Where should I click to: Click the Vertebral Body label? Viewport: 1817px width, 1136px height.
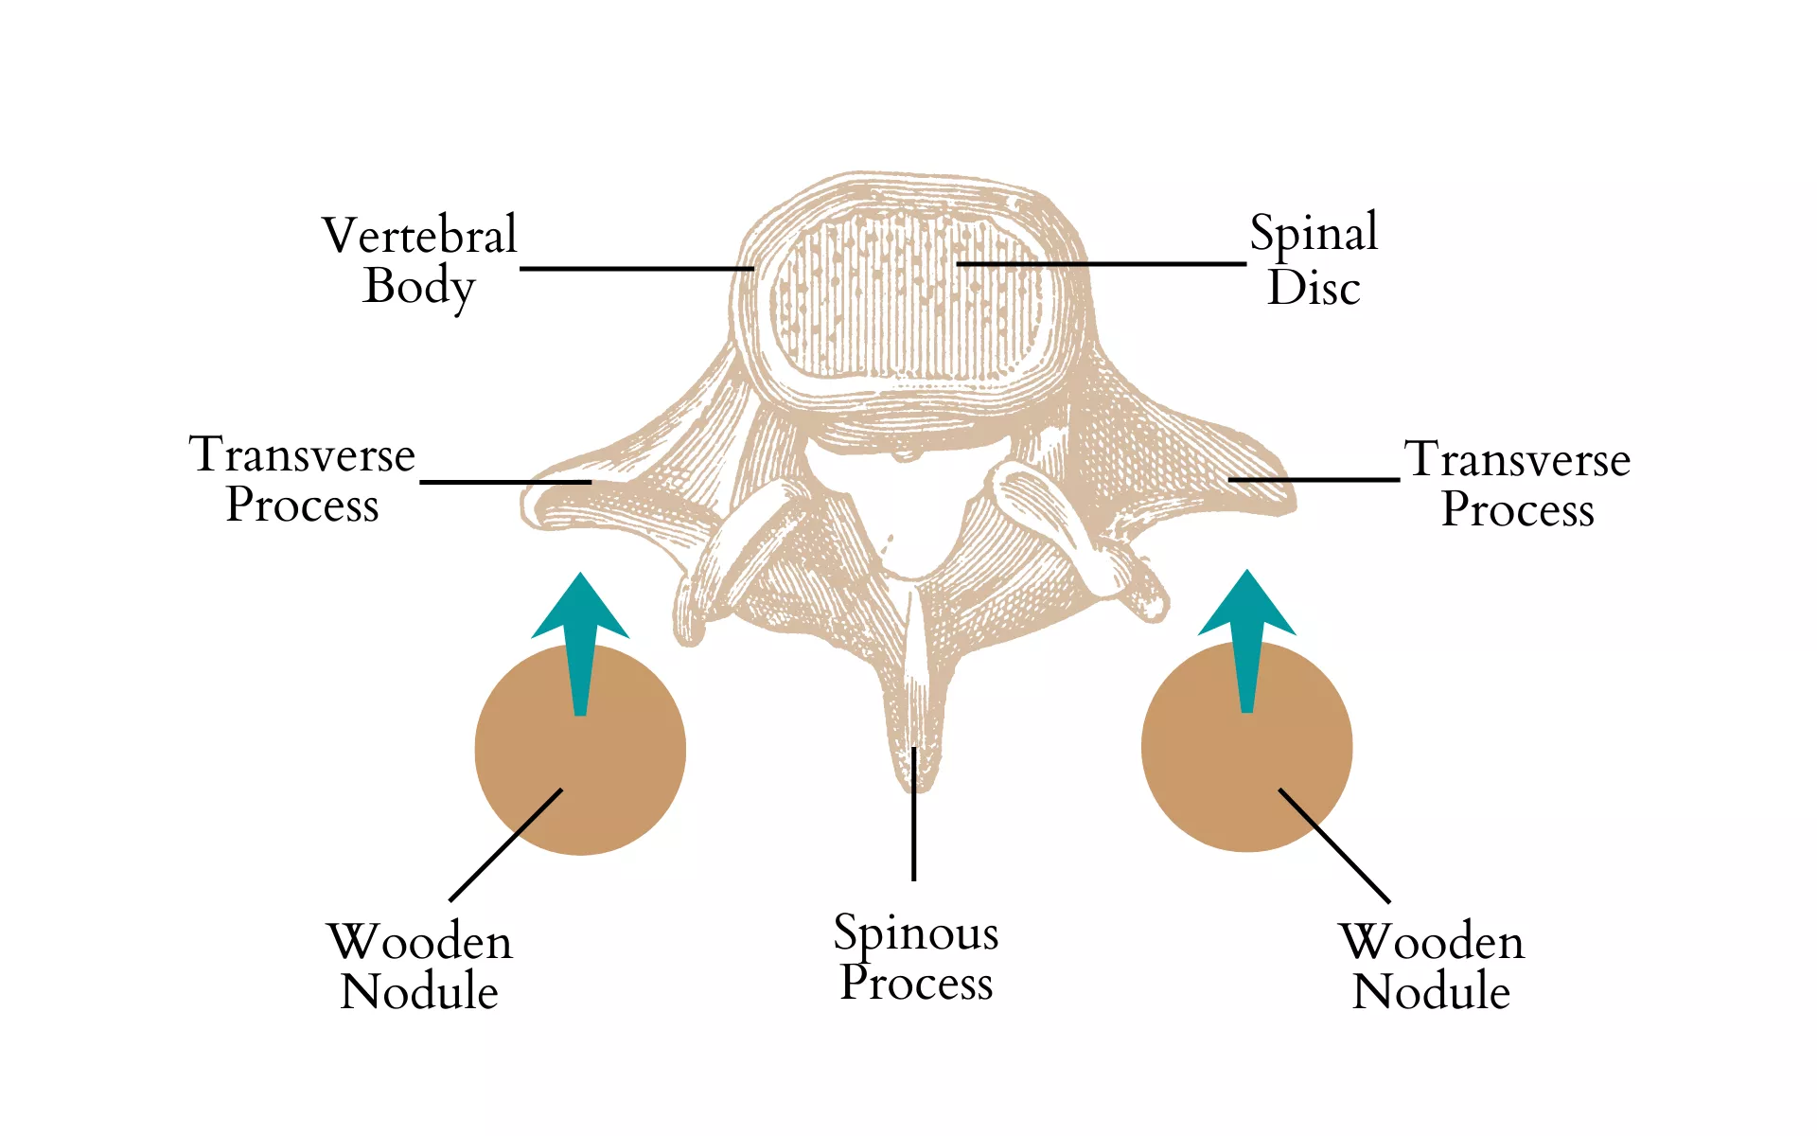(419, 260)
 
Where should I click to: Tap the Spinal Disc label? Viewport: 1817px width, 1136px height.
(1314, 259)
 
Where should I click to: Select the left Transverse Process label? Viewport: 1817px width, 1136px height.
(303, 479)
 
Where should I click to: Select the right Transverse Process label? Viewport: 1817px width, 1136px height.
(1517, 484)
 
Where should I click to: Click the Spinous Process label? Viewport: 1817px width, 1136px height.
(916, 957)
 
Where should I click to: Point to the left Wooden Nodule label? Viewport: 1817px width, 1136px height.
(419, 966)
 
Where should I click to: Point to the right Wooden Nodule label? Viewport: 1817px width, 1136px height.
(1432, 966)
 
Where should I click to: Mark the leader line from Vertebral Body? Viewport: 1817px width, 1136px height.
(636, 269)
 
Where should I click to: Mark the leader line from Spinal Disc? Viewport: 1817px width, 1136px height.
(1101, 263)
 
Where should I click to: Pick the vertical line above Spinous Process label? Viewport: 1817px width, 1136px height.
(914, 814)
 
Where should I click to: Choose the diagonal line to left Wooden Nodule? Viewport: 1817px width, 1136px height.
(505, 844)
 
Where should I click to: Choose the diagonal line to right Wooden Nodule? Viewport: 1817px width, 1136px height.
(1334, 845)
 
